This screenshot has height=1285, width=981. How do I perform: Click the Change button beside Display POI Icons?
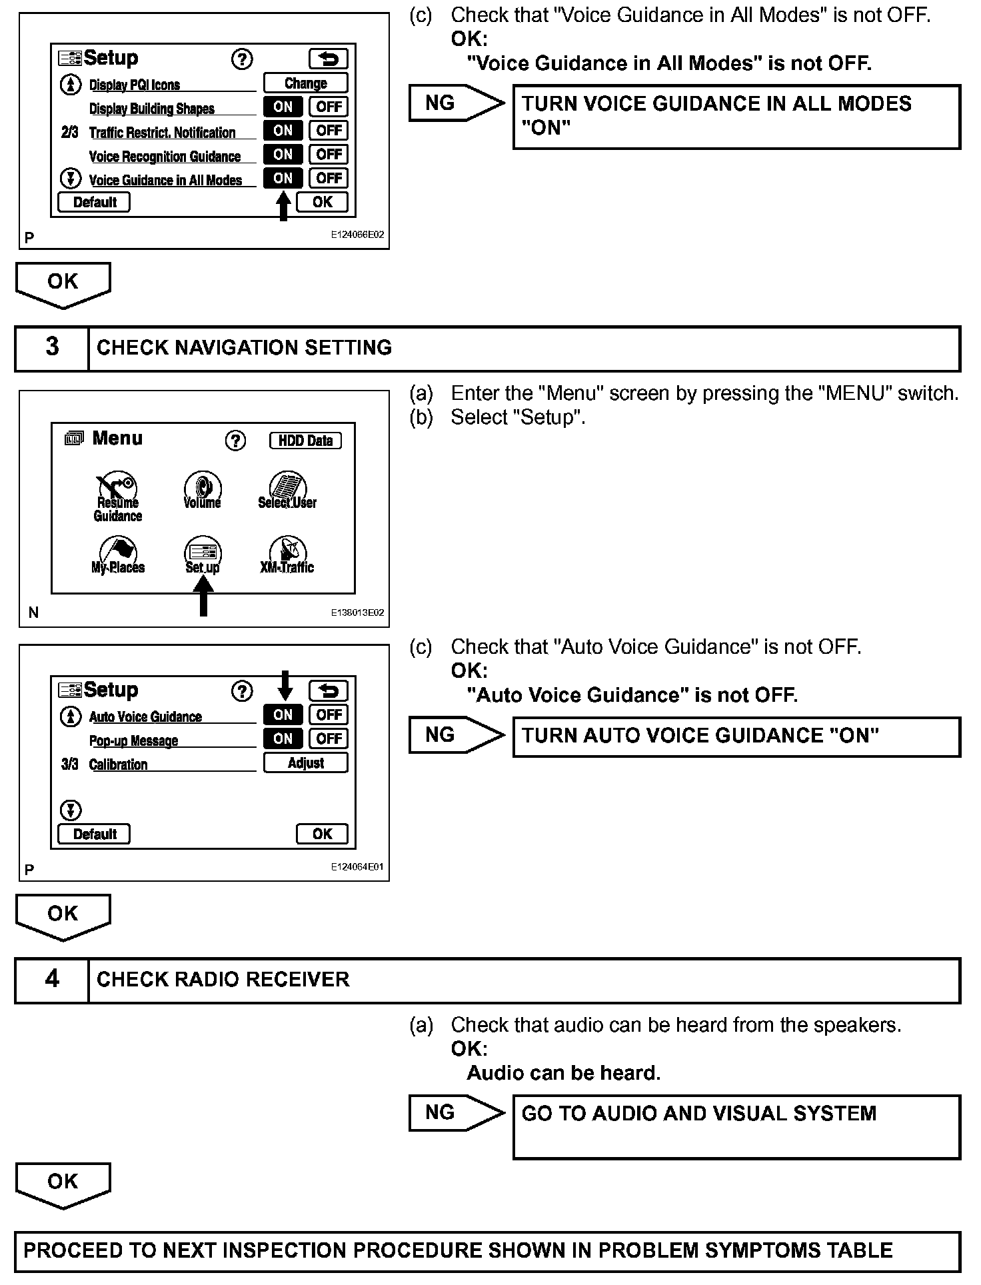click(x=305, y=83)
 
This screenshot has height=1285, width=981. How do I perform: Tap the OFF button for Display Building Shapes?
click(x=329, y=107)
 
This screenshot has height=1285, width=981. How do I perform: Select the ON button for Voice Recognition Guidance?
click(x=283, y=155)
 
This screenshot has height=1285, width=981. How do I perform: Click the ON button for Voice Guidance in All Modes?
click(x=283, y=179)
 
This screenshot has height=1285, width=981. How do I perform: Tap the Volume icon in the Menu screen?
click(x=203, y=491)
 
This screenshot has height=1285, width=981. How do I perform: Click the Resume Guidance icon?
click(x=118, y=497)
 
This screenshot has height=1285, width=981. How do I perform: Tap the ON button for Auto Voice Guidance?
click(x=283, y=715)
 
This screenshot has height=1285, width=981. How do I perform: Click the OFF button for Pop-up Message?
click(x=329, y=739)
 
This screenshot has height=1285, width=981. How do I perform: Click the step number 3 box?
click(x=52, y=348)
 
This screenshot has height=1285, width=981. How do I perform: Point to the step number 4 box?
click(x=52, y=980)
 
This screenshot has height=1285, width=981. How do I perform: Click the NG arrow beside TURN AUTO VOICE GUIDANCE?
click(x=455, y=736)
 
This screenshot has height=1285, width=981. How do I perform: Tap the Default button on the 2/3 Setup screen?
click(x=94, y=203)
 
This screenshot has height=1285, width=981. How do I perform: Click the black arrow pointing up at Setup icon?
click(x=203, y=596)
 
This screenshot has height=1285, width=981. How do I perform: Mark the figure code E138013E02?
click(x=357, y=613)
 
